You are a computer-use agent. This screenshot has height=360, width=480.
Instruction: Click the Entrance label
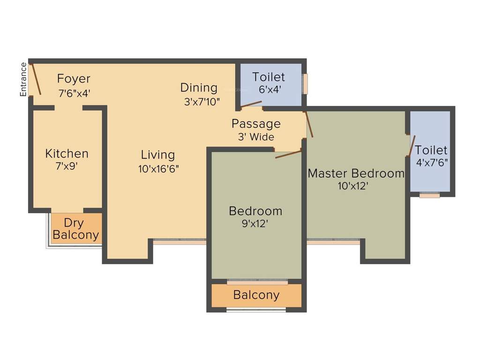[23, 79]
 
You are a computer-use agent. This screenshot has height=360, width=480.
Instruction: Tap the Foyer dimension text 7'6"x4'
[74, 93]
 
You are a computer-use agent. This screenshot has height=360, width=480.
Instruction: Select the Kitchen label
[67, 153]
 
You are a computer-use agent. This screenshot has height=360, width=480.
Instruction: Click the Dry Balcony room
[76, 229]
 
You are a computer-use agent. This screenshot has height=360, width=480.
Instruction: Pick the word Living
[158, 155]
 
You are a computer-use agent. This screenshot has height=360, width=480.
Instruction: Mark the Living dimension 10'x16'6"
[158, 169]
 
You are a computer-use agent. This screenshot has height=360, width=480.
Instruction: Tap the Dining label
[199, 88]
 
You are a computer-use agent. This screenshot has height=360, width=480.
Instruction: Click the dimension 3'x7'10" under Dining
[202, 101]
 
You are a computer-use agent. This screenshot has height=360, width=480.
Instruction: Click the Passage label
[256, 124]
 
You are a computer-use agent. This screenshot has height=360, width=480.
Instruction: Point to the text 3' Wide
[256, 137]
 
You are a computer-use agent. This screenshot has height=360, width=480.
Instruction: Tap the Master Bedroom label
[356, 173]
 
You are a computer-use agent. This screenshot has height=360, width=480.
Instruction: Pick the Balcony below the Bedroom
[256, 295]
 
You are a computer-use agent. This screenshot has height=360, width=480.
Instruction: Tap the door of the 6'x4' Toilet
[251, 104]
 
